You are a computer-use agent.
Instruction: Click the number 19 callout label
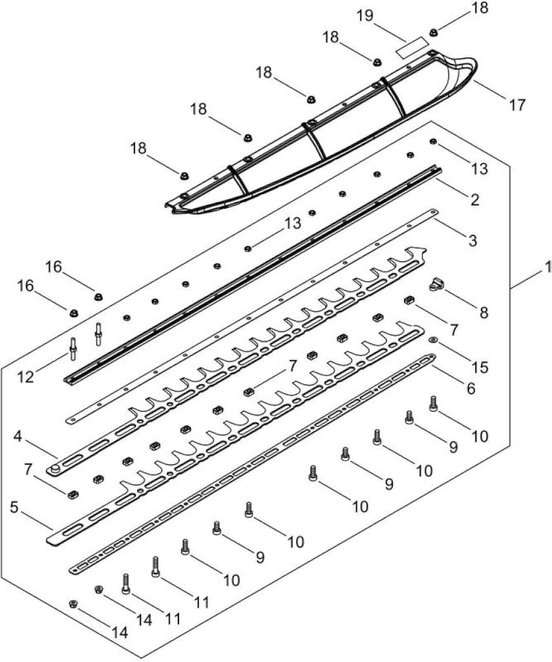pos(365,16)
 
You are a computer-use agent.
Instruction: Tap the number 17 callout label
pos(516,105)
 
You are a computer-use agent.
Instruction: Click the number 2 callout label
pos(475,199)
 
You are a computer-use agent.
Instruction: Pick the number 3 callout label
pos(472,240)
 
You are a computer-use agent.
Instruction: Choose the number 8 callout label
pos(483,312)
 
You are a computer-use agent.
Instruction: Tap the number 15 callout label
pos(480,367)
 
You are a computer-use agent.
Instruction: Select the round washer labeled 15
pos(433,339)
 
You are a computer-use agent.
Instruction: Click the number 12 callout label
pos(26,377)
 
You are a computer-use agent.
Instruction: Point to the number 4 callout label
pos(17,436)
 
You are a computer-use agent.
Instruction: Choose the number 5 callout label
pos(14,508)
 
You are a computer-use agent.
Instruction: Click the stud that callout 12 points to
pos(73,348)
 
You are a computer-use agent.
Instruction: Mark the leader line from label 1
pos(526,280)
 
